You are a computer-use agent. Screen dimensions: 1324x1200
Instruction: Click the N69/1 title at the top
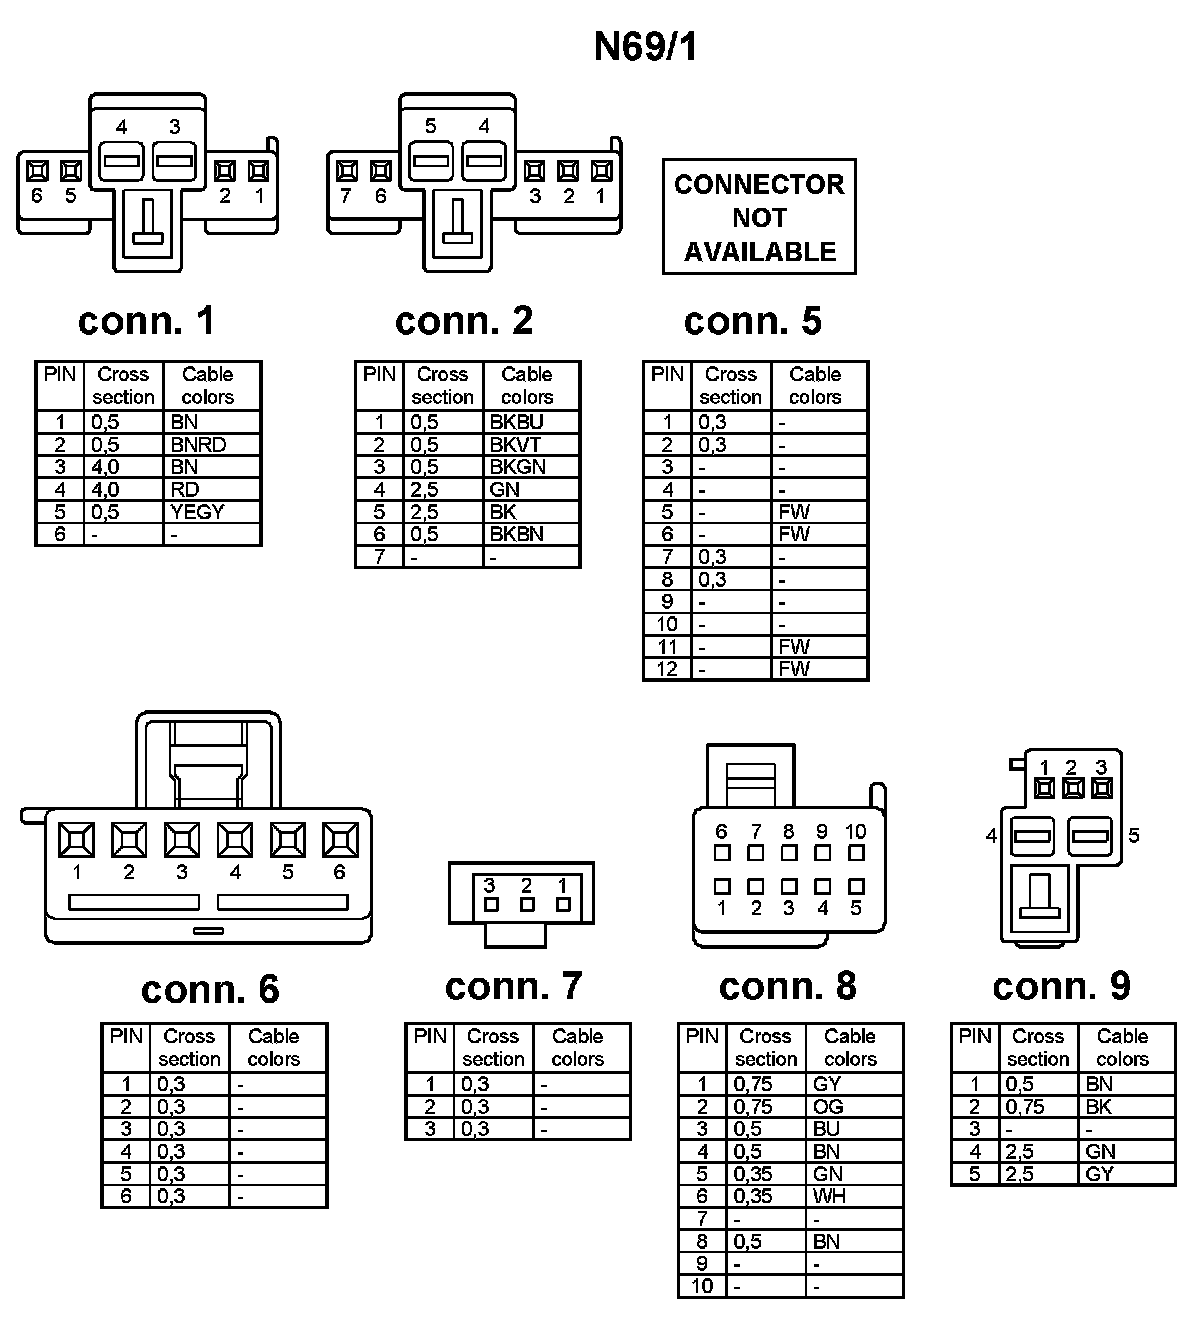pos(645,47)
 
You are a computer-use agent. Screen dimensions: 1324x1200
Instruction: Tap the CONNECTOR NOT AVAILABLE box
pos(759,217)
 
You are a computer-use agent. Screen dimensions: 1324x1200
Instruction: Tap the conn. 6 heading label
pos(210,989)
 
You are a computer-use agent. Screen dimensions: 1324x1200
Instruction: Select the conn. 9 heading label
pos(1061,986)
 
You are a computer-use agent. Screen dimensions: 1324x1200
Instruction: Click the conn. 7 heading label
pos(513,986)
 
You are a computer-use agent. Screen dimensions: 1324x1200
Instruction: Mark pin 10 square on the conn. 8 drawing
pos(856,853)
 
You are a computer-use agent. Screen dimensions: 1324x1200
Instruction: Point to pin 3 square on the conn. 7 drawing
pos(490,905)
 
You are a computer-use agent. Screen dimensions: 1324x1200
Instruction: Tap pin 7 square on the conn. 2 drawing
pos(347,171)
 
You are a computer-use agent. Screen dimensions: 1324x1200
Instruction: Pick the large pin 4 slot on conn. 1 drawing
pos(122,159)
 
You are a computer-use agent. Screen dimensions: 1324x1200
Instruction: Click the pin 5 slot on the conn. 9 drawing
pos(1090,836)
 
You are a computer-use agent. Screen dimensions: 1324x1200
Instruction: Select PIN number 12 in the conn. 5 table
pos(667,669)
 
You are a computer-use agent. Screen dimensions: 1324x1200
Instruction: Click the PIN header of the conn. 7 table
pos(430,1036)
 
